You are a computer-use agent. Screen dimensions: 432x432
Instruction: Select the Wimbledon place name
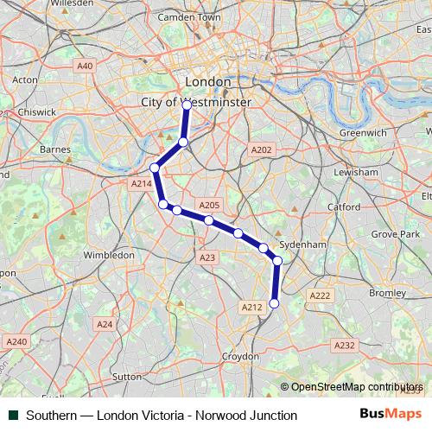[x=108, y=255]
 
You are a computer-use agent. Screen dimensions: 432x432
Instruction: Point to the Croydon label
[x=241, y=356]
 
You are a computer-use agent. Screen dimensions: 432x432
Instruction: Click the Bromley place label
[x=387, y=293]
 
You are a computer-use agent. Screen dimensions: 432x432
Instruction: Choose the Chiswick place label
[x=35, y=111]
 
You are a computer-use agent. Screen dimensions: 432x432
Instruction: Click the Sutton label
[x=126, y=377]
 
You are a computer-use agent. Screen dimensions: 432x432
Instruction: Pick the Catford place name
[x=344, y=207]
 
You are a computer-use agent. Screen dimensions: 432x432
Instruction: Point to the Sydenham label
[x=305, y=245]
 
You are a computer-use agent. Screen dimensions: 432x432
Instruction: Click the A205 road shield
[x=210, y=206]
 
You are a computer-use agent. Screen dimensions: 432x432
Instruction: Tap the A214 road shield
[x=141, y=184]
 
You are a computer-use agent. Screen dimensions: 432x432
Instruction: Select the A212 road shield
[x=251, y=307]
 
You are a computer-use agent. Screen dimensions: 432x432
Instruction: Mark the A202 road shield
[x=261, y=149]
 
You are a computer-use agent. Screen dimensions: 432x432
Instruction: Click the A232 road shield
[x=344, y=345]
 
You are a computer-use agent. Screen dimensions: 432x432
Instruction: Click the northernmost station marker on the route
[x=187, y=103]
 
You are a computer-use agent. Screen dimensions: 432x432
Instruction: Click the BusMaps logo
[x=391, y=415]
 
